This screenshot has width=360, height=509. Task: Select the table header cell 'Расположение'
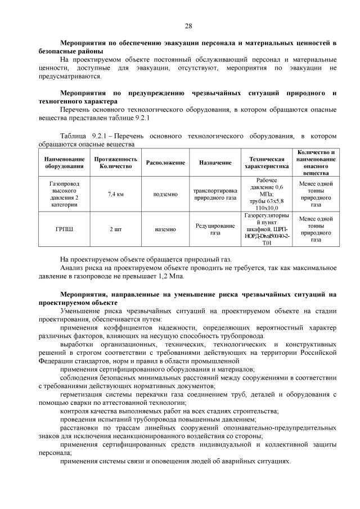[x=165, y=163]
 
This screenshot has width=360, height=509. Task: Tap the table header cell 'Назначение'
[x=215, y=163]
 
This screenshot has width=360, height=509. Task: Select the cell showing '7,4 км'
[x=115, y=194]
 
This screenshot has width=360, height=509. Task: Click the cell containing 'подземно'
[x=165, y=194]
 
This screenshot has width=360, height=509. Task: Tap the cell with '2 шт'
[x=115, y=229]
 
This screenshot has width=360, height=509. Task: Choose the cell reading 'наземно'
[x=165, y=229]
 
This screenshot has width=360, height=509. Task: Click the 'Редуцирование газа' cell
[x=215, y=229]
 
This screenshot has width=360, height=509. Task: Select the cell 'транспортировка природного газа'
[x=215, y=194]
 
